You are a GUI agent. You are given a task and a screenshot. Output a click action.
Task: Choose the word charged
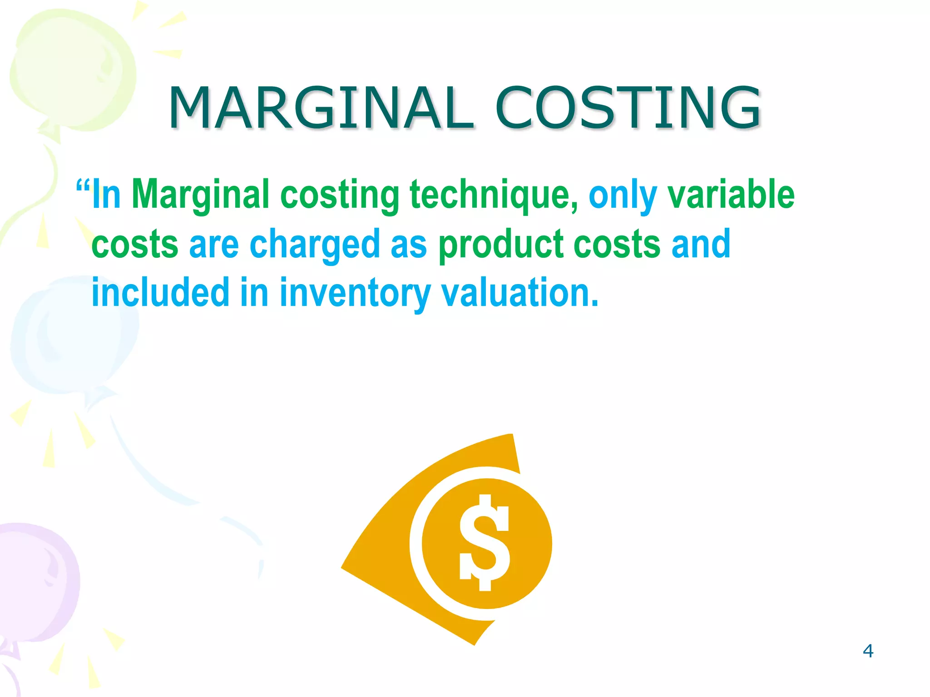[x=314, y=245]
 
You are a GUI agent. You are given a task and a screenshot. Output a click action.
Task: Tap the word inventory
[x=354, y=294]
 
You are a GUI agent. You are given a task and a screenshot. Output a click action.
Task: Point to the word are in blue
[x=213, y=245]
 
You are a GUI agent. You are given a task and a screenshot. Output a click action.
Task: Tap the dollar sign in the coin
[x=485, y=543]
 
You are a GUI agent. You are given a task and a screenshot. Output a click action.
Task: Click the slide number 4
[x=868, y=651]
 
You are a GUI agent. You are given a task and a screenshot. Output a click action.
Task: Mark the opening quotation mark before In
[x=83, y=187]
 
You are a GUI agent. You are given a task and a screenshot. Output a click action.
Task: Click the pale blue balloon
[x=73, y=336]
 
